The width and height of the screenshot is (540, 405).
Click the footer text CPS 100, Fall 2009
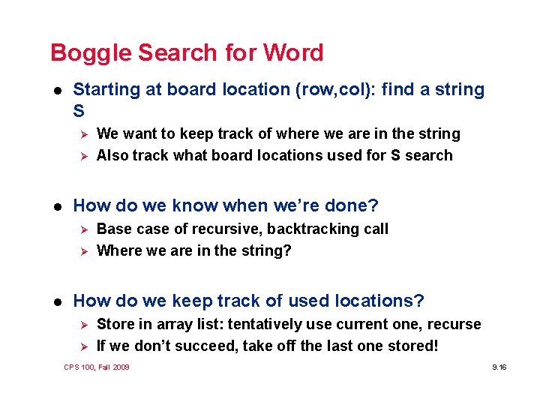(97, 367)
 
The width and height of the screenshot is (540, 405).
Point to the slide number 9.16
(499, 367)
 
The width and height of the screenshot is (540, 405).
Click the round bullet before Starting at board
(57, 90)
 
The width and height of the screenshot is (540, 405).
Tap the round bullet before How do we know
(57, 205)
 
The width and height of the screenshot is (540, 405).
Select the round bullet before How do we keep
(57, 301)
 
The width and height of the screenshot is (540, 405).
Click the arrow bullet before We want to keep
(85, 134)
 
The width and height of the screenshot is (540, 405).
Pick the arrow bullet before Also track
(85, 156)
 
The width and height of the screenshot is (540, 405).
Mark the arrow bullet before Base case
(85, 229)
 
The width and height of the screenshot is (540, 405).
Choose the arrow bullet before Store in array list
(85, 325)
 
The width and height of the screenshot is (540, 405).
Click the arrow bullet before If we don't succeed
(85, 346)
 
